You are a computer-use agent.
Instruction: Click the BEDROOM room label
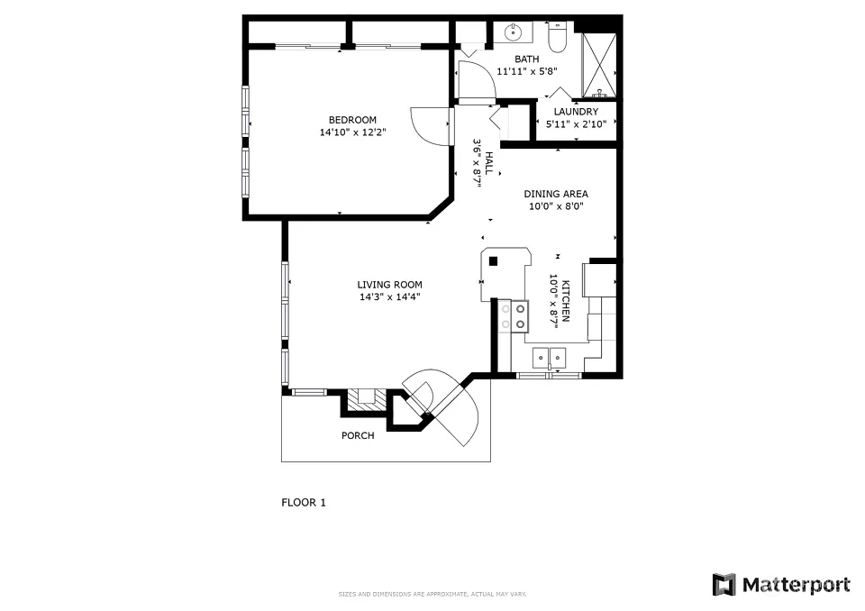(352, 120)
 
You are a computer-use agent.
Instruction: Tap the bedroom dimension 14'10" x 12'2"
(352, 132)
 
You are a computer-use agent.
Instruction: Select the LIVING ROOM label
(389, 285)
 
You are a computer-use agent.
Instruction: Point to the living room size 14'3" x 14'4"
(389, 297)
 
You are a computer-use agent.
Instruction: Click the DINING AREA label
(556, 194)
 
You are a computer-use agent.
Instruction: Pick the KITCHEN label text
(566, 301)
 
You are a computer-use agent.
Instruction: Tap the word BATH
(527, 59)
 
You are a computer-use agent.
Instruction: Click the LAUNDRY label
(576, 112)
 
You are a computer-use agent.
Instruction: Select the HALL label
(488, 163)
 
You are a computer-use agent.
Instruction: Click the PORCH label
(358, 435)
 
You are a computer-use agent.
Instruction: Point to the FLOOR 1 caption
(304, 502)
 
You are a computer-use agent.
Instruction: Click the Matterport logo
(781, 585)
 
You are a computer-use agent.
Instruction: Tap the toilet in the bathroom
(557, 37)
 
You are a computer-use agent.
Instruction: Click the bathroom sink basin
(513, 32)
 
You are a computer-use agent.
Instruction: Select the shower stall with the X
(599, 65)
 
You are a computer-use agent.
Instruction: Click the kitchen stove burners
(513, 317)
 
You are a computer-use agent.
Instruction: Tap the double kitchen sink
(550, 358)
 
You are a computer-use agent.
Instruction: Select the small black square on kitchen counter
(494, 261)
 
